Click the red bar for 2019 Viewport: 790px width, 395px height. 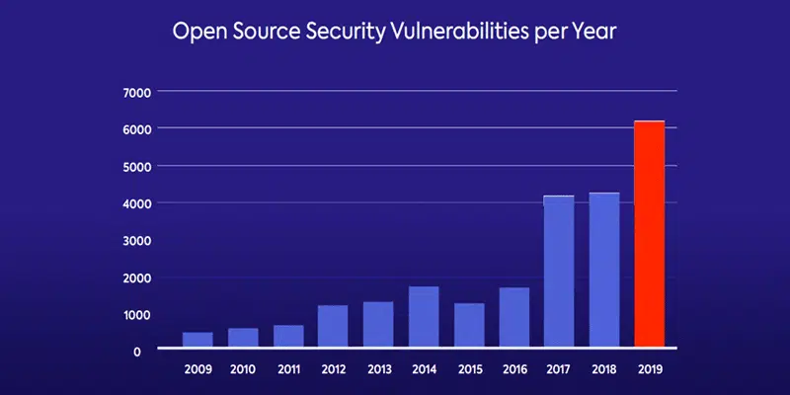[649, 234]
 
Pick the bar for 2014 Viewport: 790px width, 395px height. [424, 317]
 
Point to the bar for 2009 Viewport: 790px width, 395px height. [197, 340]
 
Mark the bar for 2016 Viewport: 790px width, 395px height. [513, 317]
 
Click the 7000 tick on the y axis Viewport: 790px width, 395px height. [137, 93]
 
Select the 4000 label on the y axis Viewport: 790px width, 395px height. [137, 203]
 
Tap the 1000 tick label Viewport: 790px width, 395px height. [137, 314]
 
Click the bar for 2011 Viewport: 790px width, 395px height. [288, 336]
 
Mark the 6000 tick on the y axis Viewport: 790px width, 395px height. [137, 129]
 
